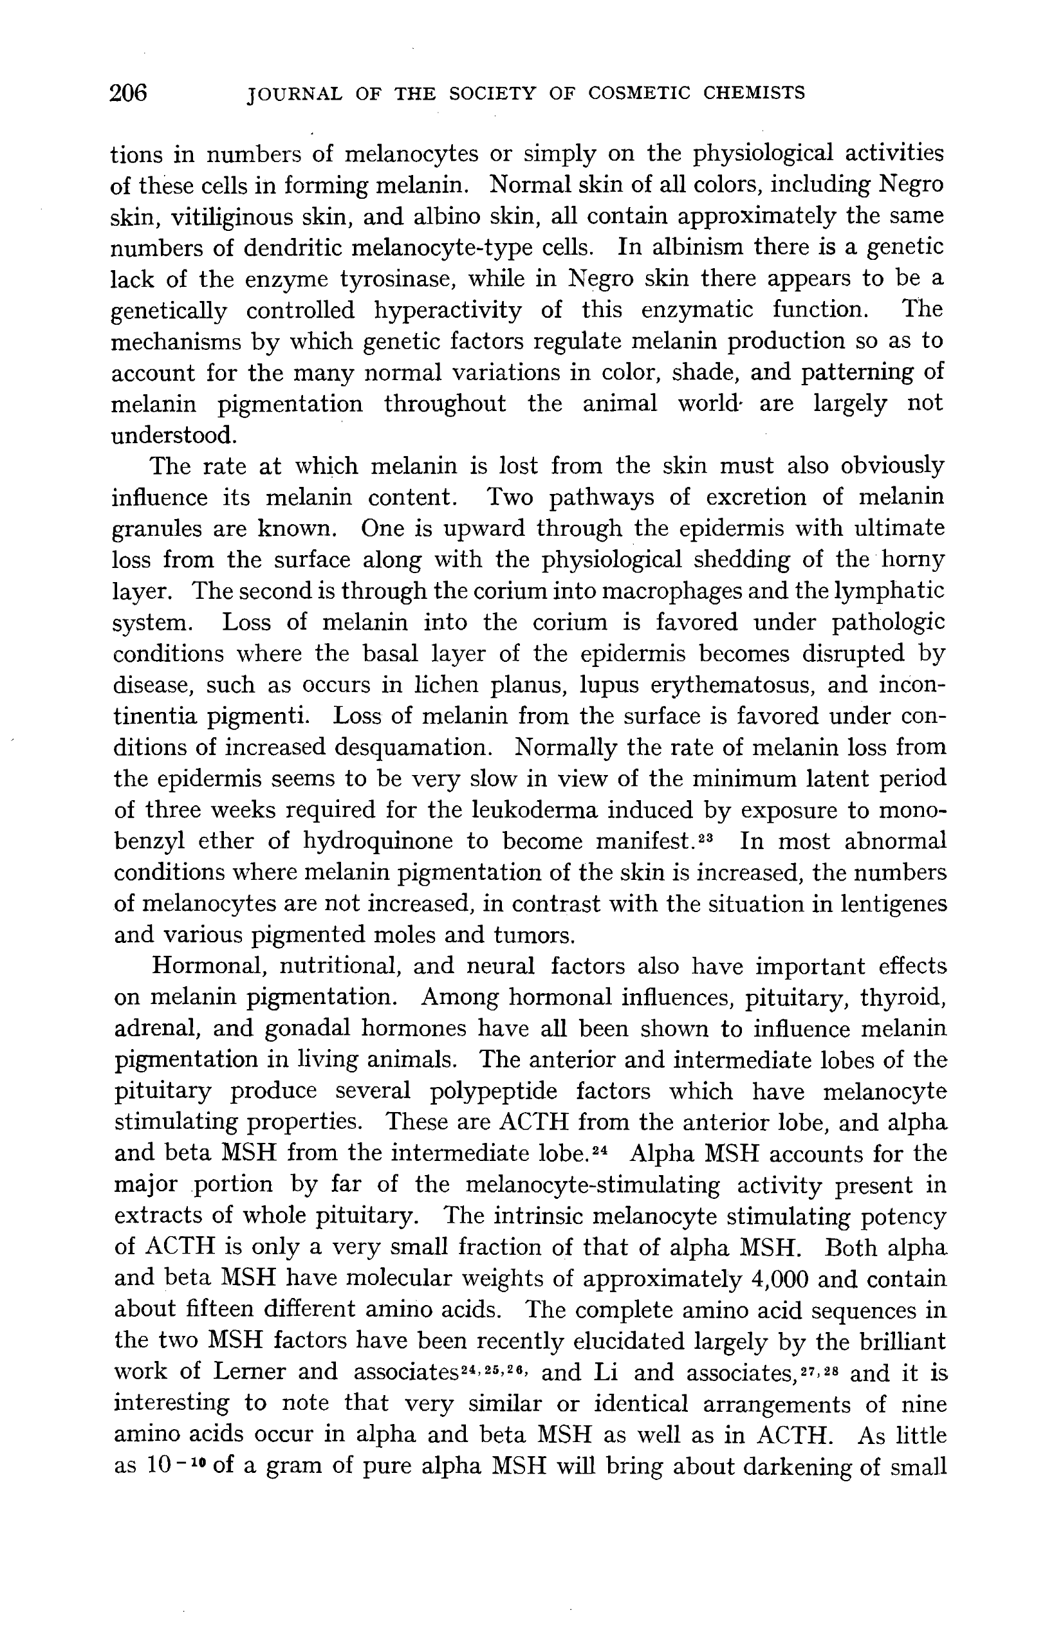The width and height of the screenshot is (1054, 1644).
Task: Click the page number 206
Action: click(x=129, y=93)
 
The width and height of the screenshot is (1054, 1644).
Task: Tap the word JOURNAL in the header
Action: click(x=294, y=94)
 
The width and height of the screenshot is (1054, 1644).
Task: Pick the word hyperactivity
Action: click(x=448, y=311)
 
